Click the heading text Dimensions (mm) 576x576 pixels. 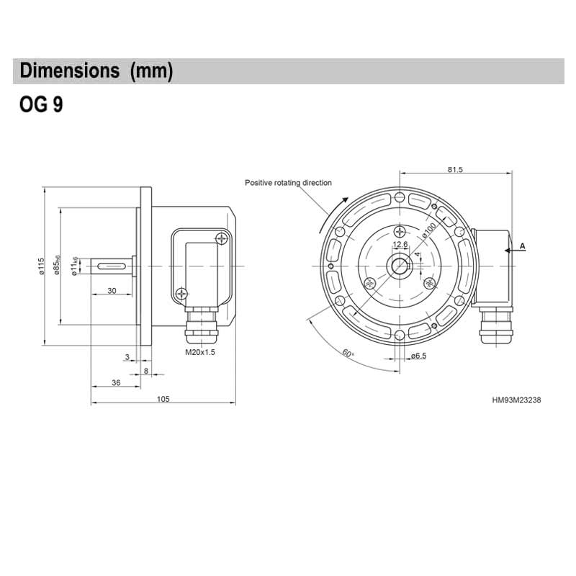(96, 71)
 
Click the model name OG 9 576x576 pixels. (42, 106)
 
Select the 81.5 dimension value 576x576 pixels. (454, 170)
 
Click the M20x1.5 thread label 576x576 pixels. (201, 352)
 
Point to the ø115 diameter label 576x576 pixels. (42, 267)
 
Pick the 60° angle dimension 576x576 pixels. (348, 353)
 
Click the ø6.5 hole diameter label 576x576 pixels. (418, 356)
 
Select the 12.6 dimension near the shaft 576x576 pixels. (400, 245)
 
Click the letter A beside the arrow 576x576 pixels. (523, 246)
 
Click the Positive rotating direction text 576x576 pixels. (288, 184)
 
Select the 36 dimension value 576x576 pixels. (116, 383)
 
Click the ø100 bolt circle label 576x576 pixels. (430, 230)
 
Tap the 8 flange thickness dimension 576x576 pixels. (147, 370)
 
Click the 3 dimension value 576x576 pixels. (127, 356)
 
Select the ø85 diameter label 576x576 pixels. (57, 267)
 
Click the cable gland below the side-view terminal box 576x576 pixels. (201, 325)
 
